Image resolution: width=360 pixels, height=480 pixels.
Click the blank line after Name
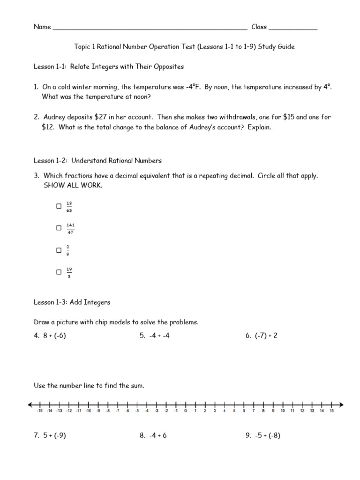[x=150, y=28]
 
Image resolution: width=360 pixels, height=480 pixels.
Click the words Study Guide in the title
[x=277, y=47]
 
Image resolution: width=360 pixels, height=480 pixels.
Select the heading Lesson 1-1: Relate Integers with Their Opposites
[x=109, y=67]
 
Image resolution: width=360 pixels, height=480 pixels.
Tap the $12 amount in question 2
[x=49, y=127]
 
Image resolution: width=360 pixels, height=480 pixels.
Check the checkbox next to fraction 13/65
[x=59, y=206]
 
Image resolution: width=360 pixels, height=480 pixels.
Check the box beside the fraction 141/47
[x=59, y=228]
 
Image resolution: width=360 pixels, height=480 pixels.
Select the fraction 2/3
[x=68, y=250]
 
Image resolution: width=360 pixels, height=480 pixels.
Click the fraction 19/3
[x=69, y=272]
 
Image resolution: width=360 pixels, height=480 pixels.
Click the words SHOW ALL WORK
[x=73, y=185]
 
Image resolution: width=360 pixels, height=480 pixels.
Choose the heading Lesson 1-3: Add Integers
[x=72, y=302]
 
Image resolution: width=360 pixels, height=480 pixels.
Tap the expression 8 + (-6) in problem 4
[x=55, y=336]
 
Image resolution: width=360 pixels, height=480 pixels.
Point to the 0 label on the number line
[x=185, y=411]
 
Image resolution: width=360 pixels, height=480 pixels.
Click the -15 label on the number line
[x=39, y=411]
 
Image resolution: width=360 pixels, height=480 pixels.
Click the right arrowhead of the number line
[x=341, y=405]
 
